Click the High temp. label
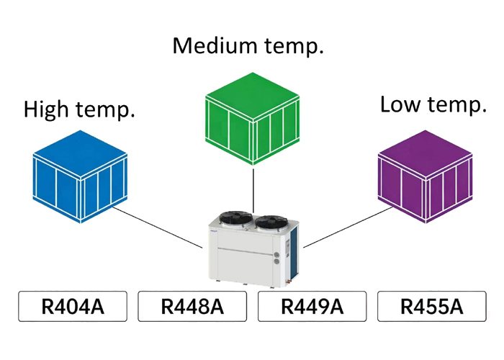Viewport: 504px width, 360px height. click(x=80, y=109)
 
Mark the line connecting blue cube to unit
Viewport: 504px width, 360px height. click(x=158, y=228)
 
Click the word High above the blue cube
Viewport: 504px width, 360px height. click(x=48, y=109)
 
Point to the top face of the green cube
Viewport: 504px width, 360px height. click(x=251, y=88)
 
